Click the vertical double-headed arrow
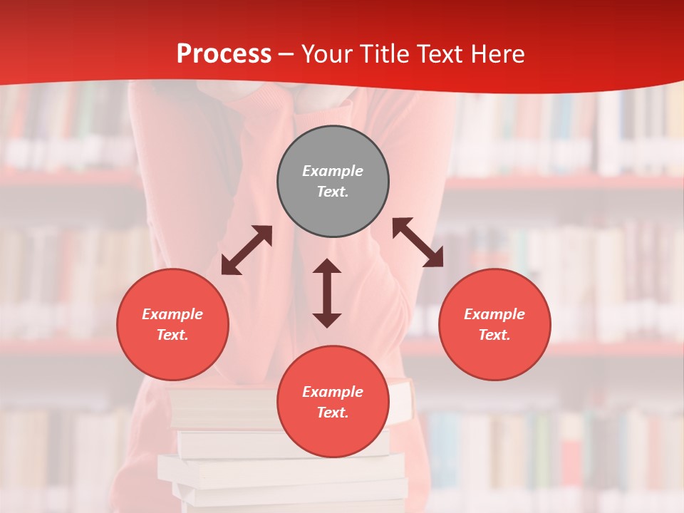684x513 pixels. point(327,293)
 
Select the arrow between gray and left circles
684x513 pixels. point(247,250)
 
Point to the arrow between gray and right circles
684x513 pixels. point(418,242)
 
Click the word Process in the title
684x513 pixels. point(224,54)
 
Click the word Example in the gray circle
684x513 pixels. point(333,171)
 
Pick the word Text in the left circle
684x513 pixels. point(172,335)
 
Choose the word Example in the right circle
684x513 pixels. point(494,314)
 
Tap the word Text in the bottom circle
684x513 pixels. point(333,413)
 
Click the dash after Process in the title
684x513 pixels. point(286,54)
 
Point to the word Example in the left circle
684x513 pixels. point(172,314)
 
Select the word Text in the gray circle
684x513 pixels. point(333,192)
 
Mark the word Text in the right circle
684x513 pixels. point(494,335)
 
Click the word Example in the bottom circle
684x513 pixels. point(333,392)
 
